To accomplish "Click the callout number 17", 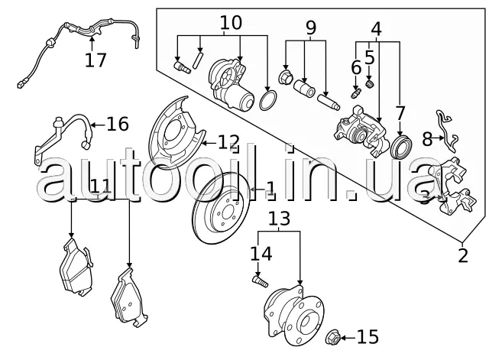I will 96,60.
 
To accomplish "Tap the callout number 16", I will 117,124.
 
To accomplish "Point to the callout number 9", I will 310,29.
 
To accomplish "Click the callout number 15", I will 367,337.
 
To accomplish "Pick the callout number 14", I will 261,253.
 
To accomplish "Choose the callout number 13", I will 279,220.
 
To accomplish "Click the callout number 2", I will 463,255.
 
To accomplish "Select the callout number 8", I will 426,138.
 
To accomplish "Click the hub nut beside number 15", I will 333,336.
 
